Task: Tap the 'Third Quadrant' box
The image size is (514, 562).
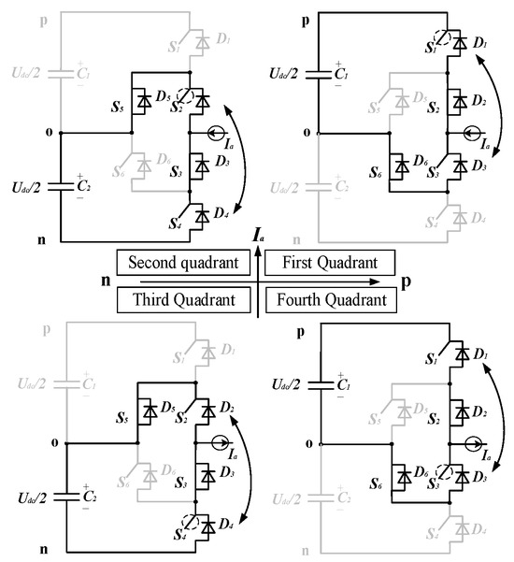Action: click(182, 300)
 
